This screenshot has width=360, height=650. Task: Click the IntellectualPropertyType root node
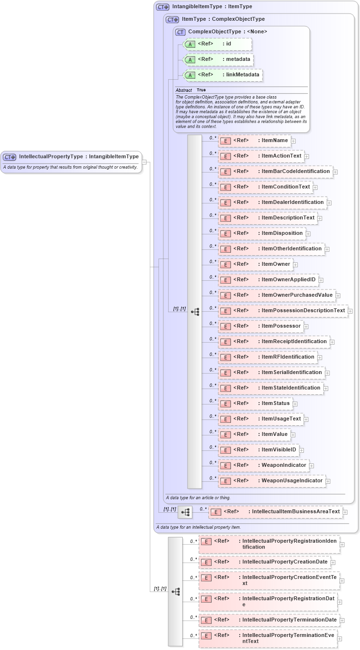pyautogui.click(x=72, y=157)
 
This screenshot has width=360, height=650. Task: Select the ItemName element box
pyautogui.click(x=254, y=141)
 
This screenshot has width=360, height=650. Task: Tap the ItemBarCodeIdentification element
pyautogui.click(x=275, y=172)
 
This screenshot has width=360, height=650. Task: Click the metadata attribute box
pyautogui.click(x=218, y=59)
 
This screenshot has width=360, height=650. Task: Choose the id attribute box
pyautogui.click(x=218, y=44)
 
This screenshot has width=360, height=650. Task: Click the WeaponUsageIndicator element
pyautogui.click(x=272, y=481)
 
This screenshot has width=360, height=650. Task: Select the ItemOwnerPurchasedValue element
pyautogui.click(x=276, y=295)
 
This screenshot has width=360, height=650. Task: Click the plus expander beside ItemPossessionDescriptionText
pyautogui.click(x=350, y=311)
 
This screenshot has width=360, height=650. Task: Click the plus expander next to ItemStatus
pyautogui.click(x=295, y=404)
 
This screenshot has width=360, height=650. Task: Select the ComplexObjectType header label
pyautogui.click(x=227, y=32)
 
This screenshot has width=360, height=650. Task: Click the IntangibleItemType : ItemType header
pyautogui.click(x=205, y=7)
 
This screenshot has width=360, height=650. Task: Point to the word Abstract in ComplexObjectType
pyautogui.click(x=184, y=90)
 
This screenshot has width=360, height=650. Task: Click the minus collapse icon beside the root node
pyautogui.click(x=144, y=162)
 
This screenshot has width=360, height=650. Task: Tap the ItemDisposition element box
pyautogui.click(x=261, y=233)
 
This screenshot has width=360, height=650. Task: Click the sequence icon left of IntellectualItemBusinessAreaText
pyautogui.click(x=185, y=512)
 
